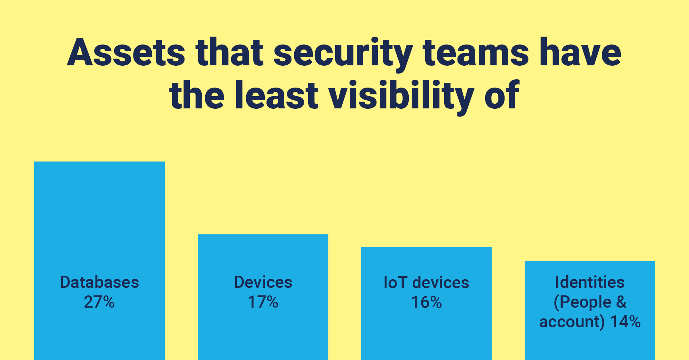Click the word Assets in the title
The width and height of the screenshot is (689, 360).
click(126, 52)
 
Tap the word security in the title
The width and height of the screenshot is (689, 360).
click(343, 54)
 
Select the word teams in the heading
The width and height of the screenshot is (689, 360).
click(476, 53)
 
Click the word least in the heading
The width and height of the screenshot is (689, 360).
click(277, 95)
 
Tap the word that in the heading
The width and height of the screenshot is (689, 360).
click(230, 52)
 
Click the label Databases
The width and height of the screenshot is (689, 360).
click(99, 282)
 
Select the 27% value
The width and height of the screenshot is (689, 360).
click(99, 302)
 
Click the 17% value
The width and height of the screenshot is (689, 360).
click(263, 302)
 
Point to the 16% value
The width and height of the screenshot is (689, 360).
click(426, 303)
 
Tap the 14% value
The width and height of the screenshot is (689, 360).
click(625, 322)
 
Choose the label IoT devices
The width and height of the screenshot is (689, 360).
click(426, 283)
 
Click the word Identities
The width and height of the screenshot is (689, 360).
click(590, 282)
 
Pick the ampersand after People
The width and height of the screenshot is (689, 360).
click(621, 302)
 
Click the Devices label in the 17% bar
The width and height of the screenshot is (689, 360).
click(263, 282)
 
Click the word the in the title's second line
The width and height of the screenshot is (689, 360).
click(197, 95)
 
